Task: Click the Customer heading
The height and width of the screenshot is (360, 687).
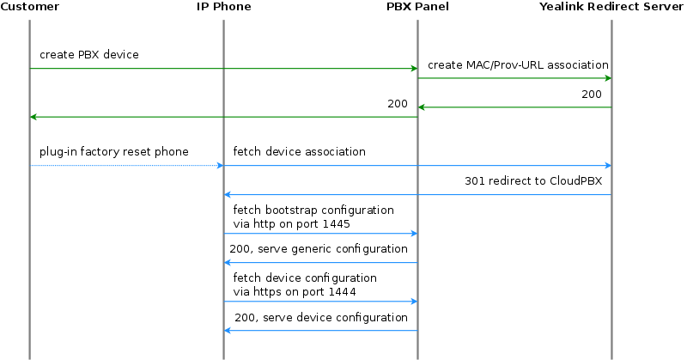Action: point(30,7)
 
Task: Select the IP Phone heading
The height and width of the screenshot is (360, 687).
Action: point(223,7)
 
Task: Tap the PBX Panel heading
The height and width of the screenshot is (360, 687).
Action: point(417,7)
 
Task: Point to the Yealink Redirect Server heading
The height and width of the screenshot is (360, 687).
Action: point(612,7)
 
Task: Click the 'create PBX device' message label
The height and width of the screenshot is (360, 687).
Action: point(89,55)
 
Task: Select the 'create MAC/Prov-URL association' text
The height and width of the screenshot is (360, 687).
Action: point(518,64)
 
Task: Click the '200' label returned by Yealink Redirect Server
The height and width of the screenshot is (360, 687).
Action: point(592,95)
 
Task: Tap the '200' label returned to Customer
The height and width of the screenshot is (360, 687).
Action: point(398,104)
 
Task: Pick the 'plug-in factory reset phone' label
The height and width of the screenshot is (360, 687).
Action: point(113,152)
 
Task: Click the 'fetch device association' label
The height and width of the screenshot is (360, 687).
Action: point(299,152)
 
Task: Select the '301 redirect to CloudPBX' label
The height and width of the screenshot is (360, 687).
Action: point(533,181)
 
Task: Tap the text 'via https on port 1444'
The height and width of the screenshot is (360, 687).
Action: point(294,292)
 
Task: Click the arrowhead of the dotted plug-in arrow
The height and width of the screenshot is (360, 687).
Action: point(219,165)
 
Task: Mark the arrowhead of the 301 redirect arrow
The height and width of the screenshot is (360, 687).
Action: point(228,194)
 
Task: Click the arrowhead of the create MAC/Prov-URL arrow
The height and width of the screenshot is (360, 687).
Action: point(607,78)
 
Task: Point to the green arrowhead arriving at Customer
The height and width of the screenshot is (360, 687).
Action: point(34,117)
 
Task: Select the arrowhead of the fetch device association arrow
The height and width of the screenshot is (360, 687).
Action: point(607,165)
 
